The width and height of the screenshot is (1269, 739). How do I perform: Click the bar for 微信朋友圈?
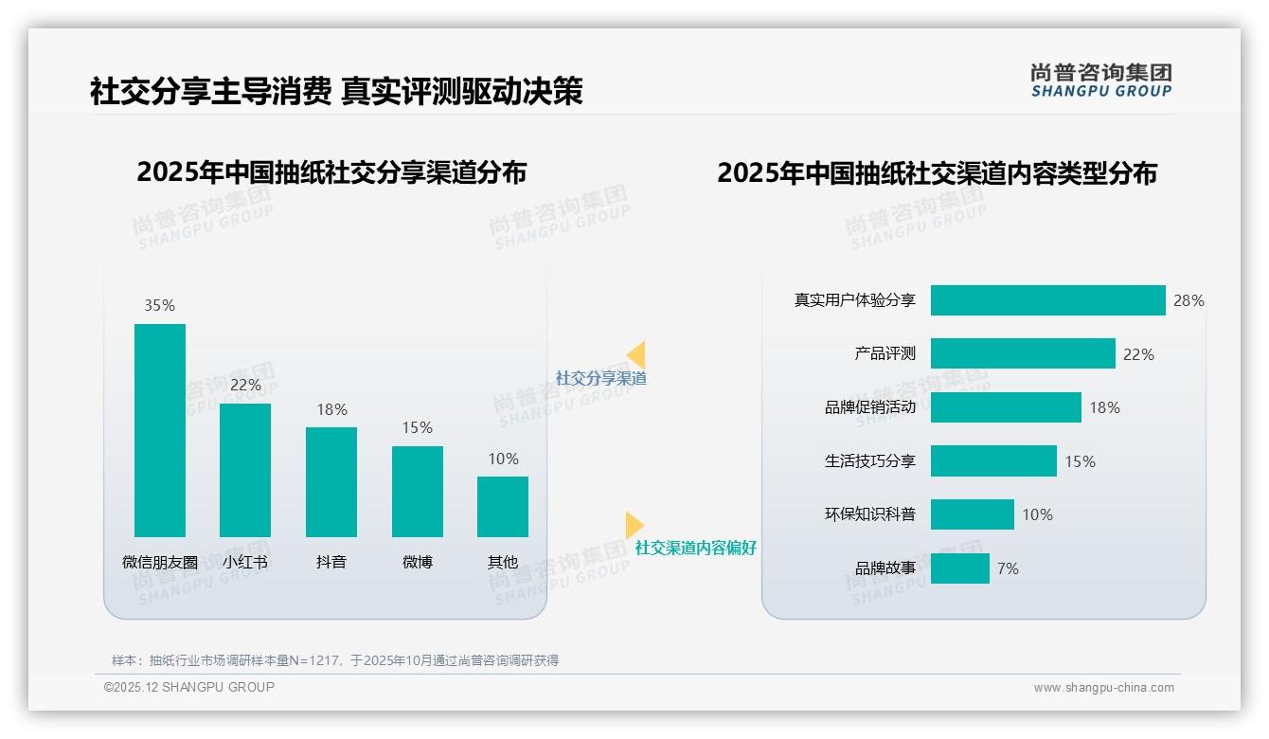160,430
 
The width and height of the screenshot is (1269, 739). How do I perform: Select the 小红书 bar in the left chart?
245,470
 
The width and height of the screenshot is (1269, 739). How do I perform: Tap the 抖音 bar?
331,481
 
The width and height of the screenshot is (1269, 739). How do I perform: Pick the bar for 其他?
503,506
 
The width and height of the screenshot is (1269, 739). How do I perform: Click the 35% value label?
160,305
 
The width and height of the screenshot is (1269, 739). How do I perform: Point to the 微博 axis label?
418,562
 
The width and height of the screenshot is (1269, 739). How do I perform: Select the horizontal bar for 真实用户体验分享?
1047,300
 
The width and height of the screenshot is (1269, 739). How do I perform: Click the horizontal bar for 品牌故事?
959,568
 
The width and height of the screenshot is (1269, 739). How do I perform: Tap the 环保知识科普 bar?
972,514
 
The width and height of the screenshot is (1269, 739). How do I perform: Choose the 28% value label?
1189,300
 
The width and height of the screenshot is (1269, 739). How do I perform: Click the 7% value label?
1008,568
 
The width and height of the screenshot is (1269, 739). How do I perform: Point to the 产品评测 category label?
885,353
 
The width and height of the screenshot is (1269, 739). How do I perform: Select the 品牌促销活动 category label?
869,407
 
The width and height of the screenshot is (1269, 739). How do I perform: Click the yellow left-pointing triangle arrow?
636,355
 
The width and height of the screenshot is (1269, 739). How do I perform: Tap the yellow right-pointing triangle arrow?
634,525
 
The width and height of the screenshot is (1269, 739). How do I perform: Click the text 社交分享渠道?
600,378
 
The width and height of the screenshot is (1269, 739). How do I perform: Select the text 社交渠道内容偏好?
695,548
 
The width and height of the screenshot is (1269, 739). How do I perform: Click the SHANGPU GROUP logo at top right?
1100,80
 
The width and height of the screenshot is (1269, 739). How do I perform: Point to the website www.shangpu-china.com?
1103,688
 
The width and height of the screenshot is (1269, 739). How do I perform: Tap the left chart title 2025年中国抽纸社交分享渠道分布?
331,172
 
